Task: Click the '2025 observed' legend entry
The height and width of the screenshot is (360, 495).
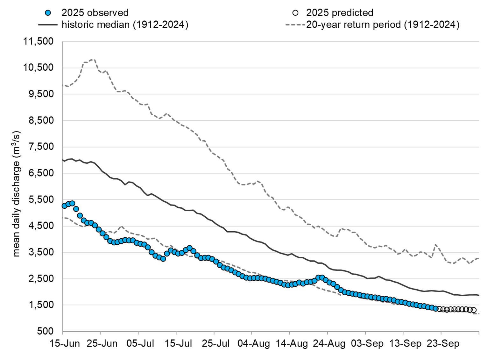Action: click(x=95, y=13)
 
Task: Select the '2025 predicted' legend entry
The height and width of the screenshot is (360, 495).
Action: click(x=339, y=13)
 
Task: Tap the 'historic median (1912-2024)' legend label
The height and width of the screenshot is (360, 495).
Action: click(x=125, y=25)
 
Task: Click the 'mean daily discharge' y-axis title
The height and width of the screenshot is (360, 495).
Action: click(x=17, y=194)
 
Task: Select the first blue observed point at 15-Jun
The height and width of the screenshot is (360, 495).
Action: click(x=65, y=206)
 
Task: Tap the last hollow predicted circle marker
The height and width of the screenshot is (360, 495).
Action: click(x=474, y=310)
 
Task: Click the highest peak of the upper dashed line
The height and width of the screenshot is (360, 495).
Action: click(x=93, y=60)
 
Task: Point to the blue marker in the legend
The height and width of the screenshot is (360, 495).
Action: click(x=48, y=13)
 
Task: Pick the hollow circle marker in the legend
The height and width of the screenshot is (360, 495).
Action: click(x=295, y=13)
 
